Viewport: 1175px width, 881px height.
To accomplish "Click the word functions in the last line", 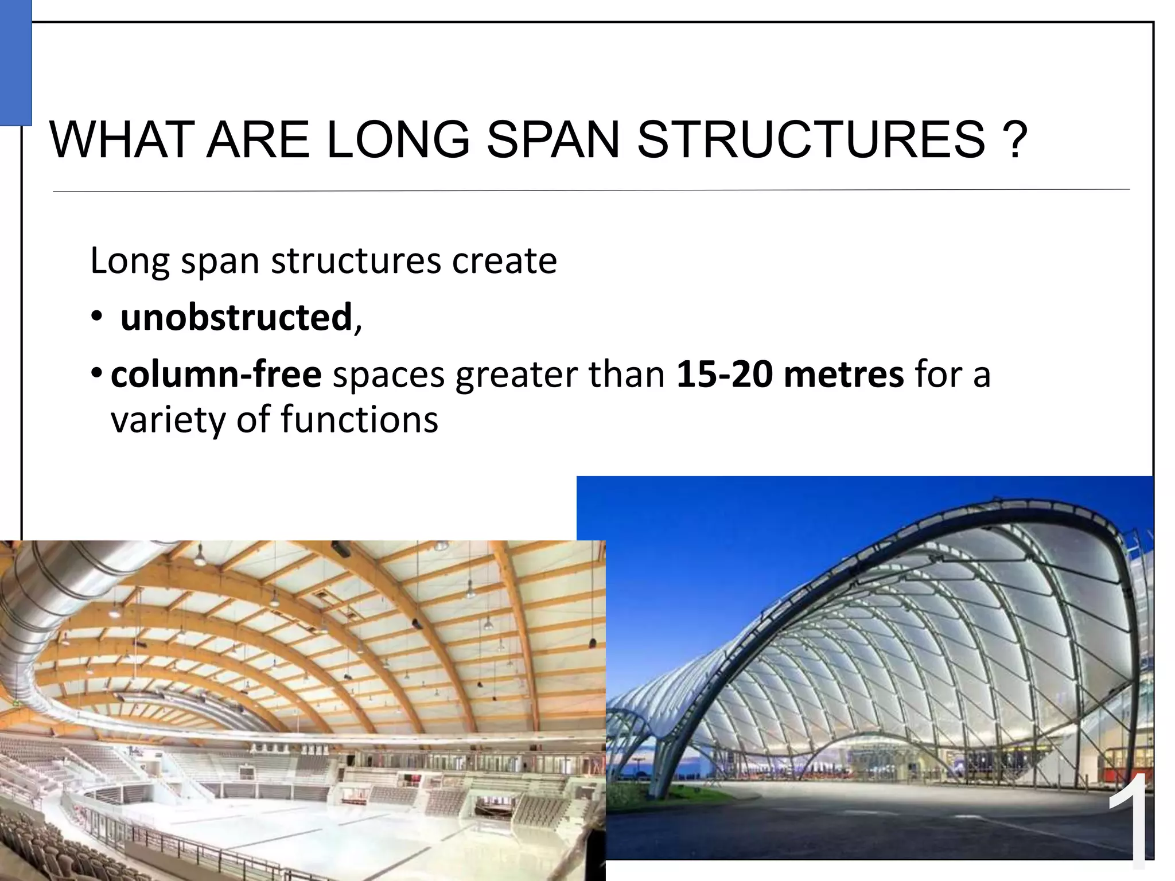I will [359, 419].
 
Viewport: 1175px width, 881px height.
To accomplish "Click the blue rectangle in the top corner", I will [15, 63].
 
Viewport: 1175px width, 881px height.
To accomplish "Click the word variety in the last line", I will [169, 420].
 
